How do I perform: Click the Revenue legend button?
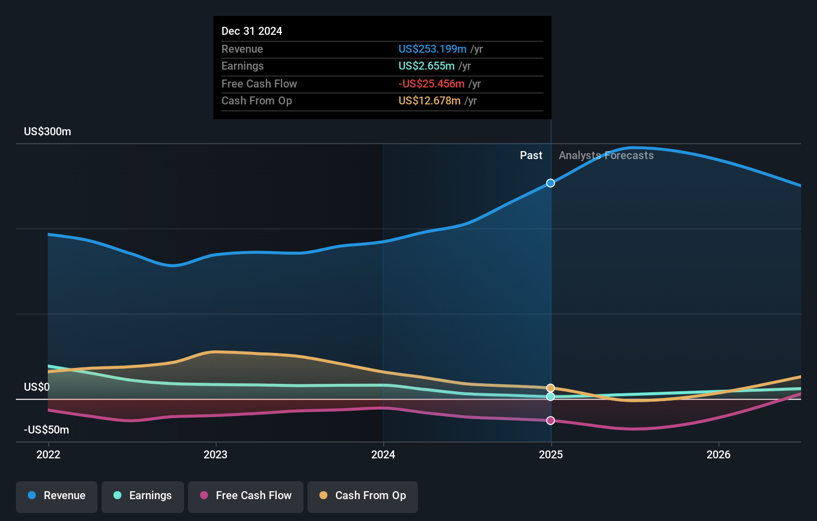[x=57, y=496]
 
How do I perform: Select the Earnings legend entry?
[x=143, y=496]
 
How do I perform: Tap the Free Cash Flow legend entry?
[x=246, y=496]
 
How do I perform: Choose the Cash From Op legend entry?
[x=363, y=496]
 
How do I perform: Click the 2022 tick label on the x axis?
[x=48, y=454]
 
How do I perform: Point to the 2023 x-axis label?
[x=215, y=454]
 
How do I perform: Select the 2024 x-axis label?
[x=383, y=454]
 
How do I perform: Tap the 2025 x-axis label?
[x=551, y=454]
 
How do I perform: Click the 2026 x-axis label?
[x=718, y=454]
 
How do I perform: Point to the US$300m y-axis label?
[x=47, y=132]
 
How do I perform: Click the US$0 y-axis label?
[x=37, y=387]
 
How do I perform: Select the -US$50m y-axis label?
[x=46, y=430]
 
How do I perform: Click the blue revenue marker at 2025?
[x=550, y=183]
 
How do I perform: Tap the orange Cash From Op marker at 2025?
[x=550, y=388]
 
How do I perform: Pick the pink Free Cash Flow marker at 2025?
[x=550, y=421]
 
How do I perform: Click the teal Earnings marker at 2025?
[x=550, y=397]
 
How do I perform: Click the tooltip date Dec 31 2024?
[x=252, y=31]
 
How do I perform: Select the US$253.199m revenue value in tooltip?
[x=432, y=49]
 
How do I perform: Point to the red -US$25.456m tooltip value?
[x=431, y=84]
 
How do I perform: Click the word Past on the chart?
[x=531, y=156]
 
